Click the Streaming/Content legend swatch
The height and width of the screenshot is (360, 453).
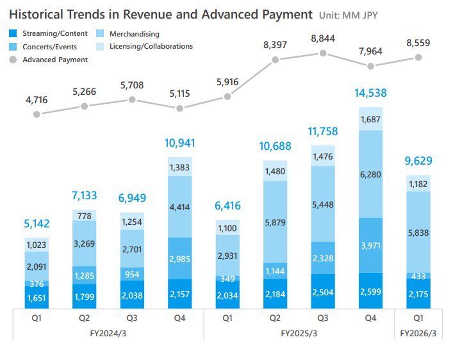click(x=13, y=33)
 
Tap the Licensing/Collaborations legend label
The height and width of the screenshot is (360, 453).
click(x=151, y=46)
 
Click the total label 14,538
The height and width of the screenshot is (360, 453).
click(x=371, y=93)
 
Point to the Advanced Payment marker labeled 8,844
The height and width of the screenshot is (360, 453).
click(x=323, y=53)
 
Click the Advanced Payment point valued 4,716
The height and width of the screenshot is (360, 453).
click(x=37, y=114)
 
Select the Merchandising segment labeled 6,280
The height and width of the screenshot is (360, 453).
click(x=371, y=174)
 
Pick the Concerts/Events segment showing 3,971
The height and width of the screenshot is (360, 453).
click(x=371, y=245)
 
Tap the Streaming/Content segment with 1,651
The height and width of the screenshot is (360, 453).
click(x=37, y=297)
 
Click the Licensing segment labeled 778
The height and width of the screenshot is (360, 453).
click(x=84, y=216)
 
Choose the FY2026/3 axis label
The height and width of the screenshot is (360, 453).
click(x=418, y=334)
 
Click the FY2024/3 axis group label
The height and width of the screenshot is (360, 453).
click(x=108, y=334)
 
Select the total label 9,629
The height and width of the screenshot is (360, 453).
click(x=418, y=162)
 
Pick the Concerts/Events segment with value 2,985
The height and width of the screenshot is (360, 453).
click(x=179, y=258)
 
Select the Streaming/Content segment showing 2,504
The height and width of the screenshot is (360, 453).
click(x=323, y=291)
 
